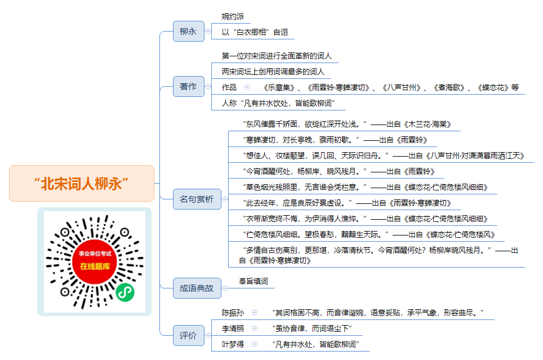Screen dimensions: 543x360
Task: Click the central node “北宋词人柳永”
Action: click(x=81, y=183)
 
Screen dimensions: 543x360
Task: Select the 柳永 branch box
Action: click(x=188, y=31)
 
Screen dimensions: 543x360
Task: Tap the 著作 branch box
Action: click(x=188, y=86)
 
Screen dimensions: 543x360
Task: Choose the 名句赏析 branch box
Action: click(x=197, y=199)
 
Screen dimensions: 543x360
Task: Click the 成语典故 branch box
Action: click(x=197, y=288)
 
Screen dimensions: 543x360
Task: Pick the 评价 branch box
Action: click(x=188, y=335)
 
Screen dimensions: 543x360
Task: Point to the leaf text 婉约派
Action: click(x=233, y=16)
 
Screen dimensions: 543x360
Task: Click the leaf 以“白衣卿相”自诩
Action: click(x=255, y=32)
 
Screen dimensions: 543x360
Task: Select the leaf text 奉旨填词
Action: click(x=253, y=281)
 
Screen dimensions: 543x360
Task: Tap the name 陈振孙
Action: click(x=233, y=313)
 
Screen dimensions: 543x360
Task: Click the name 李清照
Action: click(x=233, y=328)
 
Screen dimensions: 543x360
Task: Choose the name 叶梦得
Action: click(x=233, y=344)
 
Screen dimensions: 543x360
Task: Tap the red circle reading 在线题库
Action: click(x=95, y=261)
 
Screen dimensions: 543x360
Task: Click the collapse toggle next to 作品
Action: click(x=247, y=87)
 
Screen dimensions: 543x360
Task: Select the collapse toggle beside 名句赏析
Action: click(x=225, y=199)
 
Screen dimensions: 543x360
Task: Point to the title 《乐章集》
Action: click(x=279, y=87)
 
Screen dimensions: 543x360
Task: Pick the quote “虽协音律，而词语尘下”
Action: click(x=312, y=328)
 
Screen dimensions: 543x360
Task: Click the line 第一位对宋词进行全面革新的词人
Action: click(x=277, y=56)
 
